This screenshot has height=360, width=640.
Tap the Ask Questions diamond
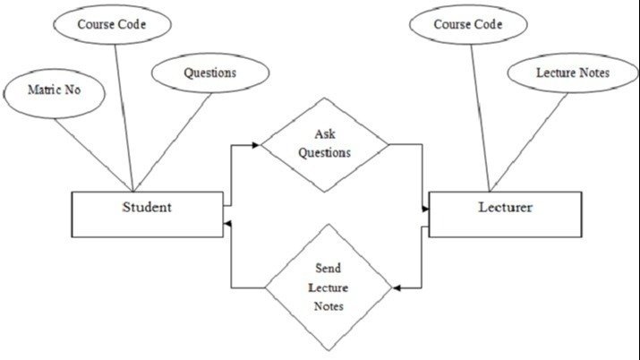point(325,144)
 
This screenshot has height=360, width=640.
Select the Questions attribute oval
point(209,73)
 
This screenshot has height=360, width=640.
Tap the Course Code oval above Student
point(113,24)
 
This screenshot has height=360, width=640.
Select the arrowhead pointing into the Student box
point(229,223)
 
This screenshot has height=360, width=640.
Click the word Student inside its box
point(147,208)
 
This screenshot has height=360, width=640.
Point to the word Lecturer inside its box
point(504,208)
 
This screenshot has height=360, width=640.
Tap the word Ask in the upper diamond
point(324,134)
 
